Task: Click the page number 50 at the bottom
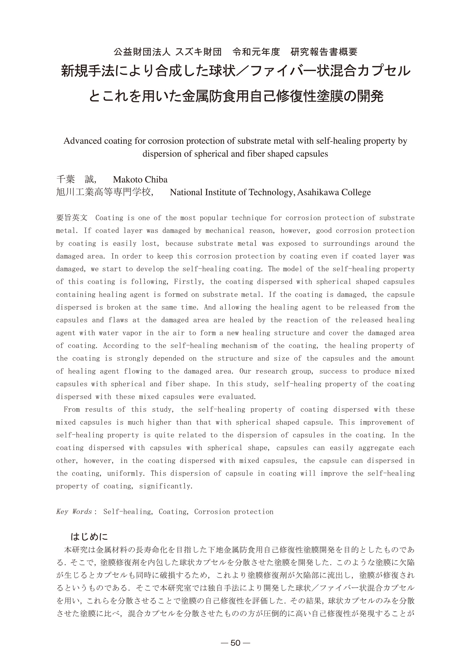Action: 236,643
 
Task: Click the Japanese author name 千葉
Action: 66,180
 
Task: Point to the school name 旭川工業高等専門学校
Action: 104,192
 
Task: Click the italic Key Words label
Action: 74,512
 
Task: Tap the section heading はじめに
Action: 90,536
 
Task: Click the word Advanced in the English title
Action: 82,141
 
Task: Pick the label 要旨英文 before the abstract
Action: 72,218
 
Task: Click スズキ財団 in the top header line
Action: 199,52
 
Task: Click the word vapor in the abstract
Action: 132,333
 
